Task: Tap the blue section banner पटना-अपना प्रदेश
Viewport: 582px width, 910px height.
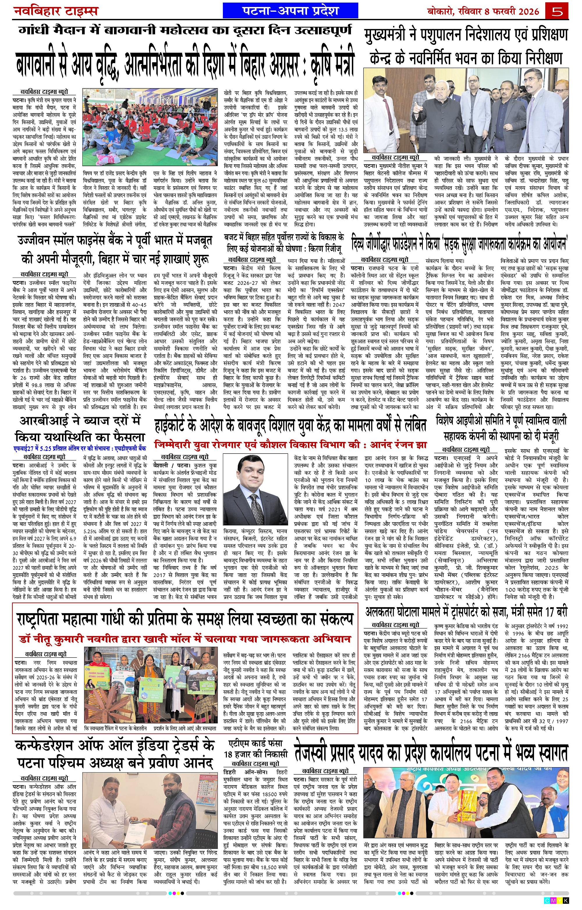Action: point(290,10)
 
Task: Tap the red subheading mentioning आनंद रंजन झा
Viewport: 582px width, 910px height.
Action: point(290,445)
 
